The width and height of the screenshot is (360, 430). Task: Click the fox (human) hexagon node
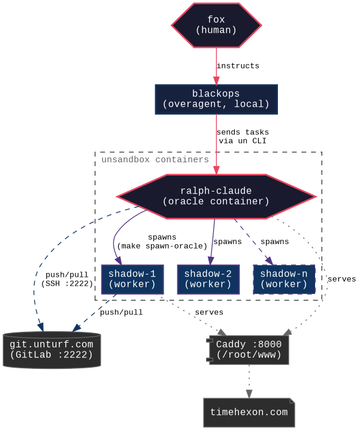(x=216, y=25)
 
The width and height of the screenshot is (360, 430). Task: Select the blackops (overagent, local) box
(x=216, y=99)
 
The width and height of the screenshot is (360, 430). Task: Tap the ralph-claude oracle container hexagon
(x=216, y=196)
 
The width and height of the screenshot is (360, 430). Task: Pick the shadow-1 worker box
(x=132, y=279)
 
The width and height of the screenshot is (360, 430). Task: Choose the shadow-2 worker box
(x=208, y=279)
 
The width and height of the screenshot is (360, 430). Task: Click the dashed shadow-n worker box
(x=284, y=279)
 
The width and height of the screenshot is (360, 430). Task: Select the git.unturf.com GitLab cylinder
(x=52, y=350)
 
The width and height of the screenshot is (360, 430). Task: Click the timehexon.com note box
(x=249, y=412)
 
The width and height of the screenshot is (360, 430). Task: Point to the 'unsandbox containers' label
(x=155, y=160)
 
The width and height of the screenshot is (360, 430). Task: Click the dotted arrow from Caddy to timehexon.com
(x=249, y=381)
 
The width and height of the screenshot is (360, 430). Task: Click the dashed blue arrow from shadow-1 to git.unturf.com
(x=96, y=313)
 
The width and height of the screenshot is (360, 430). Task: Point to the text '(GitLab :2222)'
(x=52, y=355)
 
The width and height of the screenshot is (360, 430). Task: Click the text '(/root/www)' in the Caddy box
(x=249, y=355)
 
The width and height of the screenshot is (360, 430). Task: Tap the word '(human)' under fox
(x=216, y=30)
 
